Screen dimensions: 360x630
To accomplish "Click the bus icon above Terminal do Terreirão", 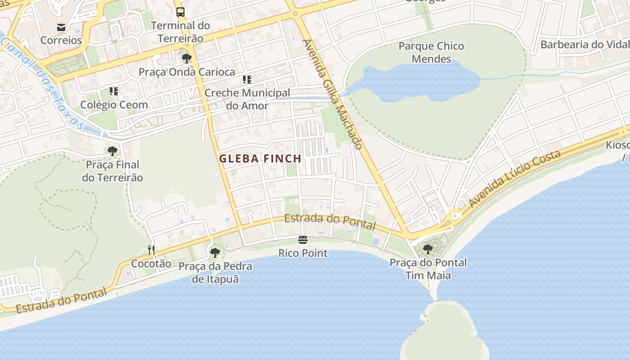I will [180, 12].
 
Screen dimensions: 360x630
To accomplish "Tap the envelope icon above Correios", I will [61, 27].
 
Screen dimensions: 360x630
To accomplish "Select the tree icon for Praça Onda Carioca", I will [186, 58].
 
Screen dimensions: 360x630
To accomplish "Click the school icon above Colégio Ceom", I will [114, 91].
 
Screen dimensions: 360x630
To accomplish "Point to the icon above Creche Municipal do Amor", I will [247, 80].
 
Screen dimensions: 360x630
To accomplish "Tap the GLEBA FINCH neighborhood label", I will [260, 158].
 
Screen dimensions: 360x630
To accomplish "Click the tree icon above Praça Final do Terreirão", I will [112, 151].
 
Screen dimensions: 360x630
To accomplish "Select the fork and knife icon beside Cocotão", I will [151, 250].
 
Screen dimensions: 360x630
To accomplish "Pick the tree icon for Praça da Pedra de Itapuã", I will [215, 252].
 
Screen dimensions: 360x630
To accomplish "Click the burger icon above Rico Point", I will [303, 239].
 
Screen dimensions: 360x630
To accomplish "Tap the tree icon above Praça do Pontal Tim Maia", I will [428, 249].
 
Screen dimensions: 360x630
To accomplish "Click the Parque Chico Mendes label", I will [431, 52].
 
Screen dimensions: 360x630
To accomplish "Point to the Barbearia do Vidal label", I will [584, 45].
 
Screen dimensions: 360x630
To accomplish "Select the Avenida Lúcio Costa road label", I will [515, 179].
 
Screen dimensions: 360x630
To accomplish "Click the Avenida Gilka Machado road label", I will [333, 94].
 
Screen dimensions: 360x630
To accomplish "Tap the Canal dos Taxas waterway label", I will [43, 83].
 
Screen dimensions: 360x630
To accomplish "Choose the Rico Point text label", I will [303, 253].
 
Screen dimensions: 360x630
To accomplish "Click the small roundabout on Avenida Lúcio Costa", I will [455, 216].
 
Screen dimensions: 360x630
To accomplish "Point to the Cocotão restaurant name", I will [151, 264].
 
